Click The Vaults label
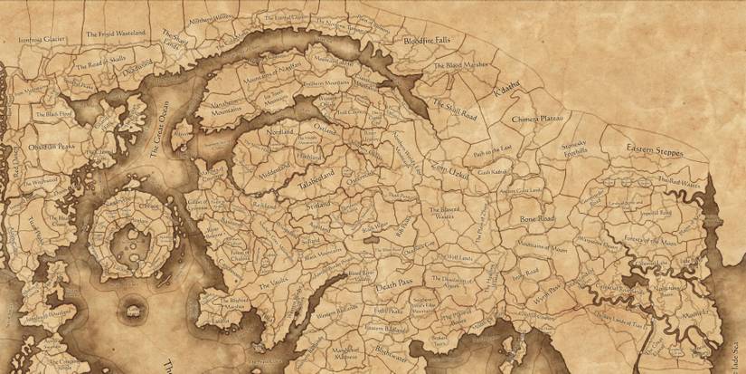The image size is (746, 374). (x=262, y=284)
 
